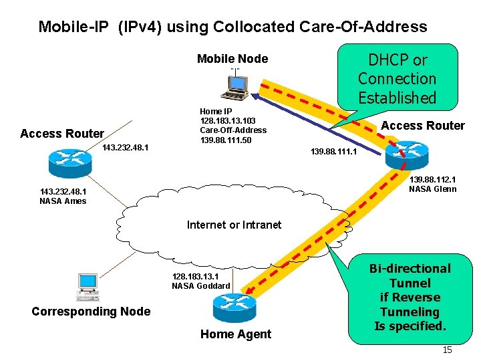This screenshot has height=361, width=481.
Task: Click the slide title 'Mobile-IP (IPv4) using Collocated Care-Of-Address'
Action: click(x=232, y=27)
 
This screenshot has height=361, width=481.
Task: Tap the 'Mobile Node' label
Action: click(x=232, y=59)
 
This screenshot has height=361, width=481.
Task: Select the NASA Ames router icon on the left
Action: click(x=65, y=158)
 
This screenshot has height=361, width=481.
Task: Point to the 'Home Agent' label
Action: click(x=236, y=334)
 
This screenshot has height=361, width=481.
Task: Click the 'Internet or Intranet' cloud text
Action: click(x=234, y=225)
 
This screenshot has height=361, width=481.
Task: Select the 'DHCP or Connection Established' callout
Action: click(x=397, y=78)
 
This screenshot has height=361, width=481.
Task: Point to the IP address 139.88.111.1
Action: click(x=334, y=152)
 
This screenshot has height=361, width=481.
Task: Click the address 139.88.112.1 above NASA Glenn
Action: click(x=433, y=179)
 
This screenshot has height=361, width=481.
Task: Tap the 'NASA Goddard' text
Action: click(x=200, y=286)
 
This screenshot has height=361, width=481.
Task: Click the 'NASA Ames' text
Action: click(x=63, y=201)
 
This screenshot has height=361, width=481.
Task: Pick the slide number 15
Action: click(x=448, y=350)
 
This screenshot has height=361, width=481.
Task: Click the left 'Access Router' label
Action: click(x=62, y=134)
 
